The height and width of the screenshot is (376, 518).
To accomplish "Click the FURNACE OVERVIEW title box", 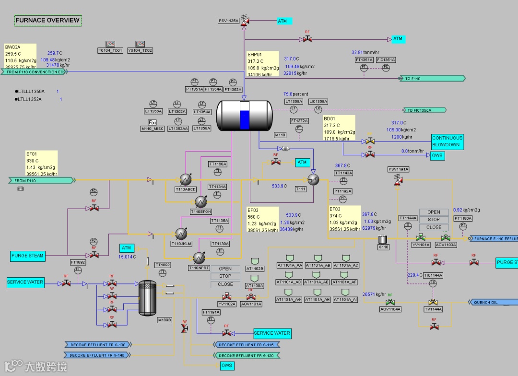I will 47,20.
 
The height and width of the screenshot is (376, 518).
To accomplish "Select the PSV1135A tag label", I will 228,21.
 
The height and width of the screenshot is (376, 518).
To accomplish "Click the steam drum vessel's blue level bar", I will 245,119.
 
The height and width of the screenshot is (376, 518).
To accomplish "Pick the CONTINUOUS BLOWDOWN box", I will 447,141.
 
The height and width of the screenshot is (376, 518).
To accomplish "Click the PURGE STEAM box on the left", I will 27,256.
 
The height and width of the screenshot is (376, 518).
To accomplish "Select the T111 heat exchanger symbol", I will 313,179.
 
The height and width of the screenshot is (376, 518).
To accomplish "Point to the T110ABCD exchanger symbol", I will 184,179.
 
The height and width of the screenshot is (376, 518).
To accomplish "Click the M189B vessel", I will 147,298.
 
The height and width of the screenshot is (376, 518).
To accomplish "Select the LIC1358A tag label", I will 318,101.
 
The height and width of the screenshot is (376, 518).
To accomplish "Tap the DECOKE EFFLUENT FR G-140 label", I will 97,355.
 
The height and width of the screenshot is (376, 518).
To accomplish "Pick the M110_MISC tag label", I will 153,129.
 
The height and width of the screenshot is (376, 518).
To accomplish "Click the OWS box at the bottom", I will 227,366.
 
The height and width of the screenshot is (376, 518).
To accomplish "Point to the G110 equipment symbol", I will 383,239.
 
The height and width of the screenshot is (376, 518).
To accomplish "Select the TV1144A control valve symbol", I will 434,302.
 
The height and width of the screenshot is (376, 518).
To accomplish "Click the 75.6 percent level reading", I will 295,94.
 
